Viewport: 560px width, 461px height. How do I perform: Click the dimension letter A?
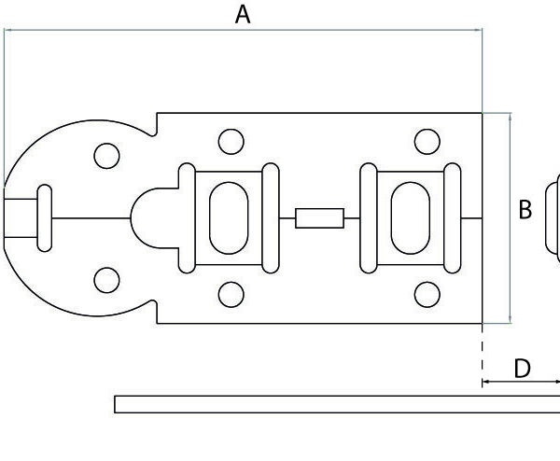coord(243,15)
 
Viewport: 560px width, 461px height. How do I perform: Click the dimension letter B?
coord(525,210)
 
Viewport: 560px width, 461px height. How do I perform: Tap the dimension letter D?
coord(523,369)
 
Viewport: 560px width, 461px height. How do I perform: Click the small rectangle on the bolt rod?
coord(319,218)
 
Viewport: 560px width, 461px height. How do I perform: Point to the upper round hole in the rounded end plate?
coord(107,155)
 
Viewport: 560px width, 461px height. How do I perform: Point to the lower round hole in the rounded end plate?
coord(107,279)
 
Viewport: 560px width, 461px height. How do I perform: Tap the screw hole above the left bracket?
coord(231,142)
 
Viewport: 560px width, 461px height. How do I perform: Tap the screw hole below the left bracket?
coord(231,295)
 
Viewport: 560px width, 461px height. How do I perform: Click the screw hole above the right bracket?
coord(427,142)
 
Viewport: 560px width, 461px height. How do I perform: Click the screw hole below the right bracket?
coord(427,295)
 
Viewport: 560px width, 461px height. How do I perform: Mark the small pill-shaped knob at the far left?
coord(43,217)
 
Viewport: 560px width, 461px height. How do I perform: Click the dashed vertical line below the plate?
coord(482,350)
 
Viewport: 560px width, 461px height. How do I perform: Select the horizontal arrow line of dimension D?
coord(521,383)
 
